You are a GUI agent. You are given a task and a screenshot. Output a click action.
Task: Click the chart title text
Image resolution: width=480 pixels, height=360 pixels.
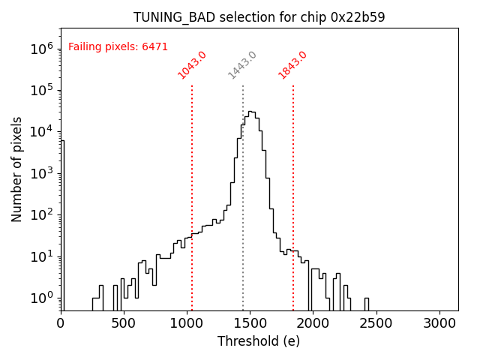(x=259, y=17)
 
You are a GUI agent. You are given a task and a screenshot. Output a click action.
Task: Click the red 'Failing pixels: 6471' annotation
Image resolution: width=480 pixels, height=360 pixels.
(x=118, y=47)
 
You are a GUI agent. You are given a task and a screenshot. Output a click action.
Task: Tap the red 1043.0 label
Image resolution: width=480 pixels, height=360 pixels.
(x=192, y=65)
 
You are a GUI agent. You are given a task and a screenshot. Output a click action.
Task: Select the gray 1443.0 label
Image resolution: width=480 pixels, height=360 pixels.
(x=242, y=65)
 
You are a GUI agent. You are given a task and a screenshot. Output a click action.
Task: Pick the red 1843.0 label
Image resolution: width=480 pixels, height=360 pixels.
(x=292, y=65)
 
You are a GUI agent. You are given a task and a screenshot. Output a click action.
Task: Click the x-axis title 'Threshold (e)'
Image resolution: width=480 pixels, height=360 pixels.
(x=259, y=341)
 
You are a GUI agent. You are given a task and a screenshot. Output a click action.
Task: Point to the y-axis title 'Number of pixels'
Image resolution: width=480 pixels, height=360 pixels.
(x=17, y=169)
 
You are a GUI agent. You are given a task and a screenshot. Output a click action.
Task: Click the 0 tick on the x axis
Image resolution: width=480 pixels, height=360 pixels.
(x=61, y=323)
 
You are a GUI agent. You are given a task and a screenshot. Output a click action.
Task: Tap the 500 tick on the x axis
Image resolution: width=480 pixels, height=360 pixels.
(x=124, y=323)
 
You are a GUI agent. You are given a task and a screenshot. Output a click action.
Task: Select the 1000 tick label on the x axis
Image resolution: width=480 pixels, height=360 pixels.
(x=187, y=323)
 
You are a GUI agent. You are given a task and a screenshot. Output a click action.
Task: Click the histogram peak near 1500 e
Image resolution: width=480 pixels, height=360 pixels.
(x=252, y=112)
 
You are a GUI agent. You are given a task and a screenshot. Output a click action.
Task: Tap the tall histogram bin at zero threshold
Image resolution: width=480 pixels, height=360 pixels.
(x=62, y=225)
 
